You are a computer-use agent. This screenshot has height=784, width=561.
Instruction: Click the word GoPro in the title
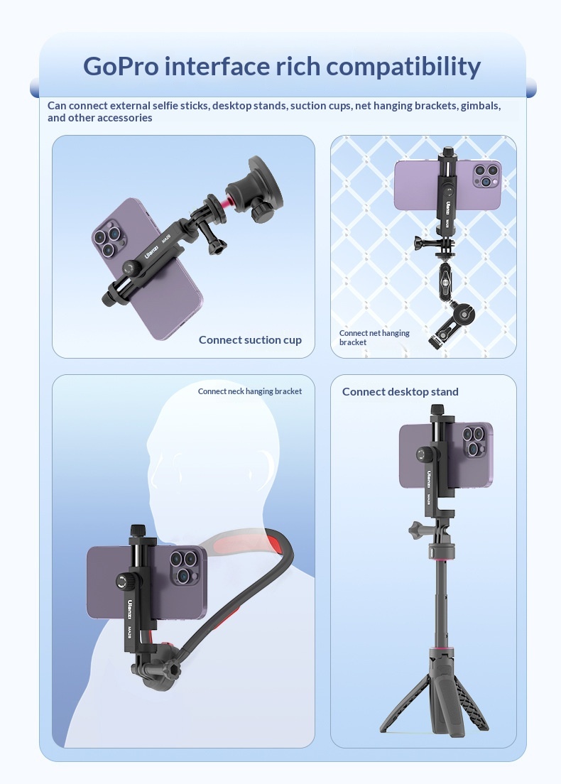tap(121, 66)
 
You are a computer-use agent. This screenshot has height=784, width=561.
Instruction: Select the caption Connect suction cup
tap(250, 340)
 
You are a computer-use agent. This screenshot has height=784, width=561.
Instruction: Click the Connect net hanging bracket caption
tap(374, 337)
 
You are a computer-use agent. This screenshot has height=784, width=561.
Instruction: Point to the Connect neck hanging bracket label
tap(249, 391)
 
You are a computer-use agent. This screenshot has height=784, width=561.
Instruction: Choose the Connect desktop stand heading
tap(400, 391)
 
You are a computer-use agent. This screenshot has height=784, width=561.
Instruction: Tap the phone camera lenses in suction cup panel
tap(107, 240)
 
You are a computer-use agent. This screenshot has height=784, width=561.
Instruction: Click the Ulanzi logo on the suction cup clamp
tap(151, 251)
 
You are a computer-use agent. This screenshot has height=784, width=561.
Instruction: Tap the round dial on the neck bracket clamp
tap(124, 581)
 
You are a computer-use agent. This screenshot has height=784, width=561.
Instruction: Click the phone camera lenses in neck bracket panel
tap(183, 567)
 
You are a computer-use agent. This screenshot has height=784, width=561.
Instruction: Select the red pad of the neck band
tap(274, 543)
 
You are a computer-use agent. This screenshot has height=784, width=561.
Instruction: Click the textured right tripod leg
tap(471, 702)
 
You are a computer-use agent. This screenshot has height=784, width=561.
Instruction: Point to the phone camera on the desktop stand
tap(474, 440)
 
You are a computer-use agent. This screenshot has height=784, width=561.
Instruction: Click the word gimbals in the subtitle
tap(479, 106)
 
